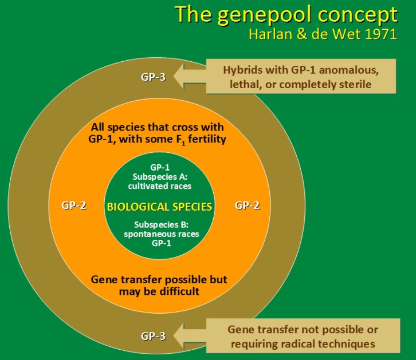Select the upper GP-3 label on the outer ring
(x=154, y=76)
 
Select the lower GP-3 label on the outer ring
(x=154, y=336)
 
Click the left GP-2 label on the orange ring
(x=74, y=205)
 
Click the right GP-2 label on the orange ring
(x=247, y=205)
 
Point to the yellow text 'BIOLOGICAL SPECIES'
(x=160, y=207)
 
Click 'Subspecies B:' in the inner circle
(x=160, y=224)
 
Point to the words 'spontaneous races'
(x=160, y=234)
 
